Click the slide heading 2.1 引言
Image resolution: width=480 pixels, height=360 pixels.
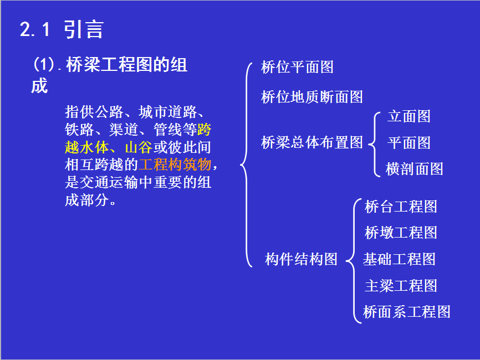(62, 30)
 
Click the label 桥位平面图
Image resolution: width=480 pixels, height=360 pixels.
(297, 67)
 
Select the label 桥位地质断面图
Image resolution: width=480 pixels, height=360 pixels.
(312, 97)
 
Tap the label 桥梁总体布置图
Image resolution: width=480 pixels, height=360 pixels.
(312, 142)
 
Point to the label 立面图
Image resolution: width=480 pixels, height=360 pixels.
(408, 116)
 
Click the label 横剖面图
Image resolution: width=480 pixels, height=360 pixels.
(414, 169)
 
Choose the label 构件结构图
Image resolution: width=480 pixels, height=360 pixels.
(301, 259)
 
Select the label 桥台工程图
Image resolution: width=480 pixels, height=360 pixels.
(401, 207)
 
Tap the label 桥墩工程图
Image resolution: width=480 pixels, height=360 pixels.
(401, 233)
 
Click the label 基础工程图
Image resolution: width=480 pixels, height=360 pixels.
(399, 259)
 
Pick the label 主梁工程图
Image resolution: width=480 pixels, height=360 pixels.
(401, 286)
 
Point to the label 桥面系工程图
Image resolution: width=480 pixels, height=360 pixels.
(406, 312)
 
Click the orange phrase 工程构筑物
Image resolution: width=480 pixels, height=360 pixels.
(175, 164)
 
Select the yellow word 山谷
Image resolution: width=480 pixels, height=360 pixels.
(139, 147)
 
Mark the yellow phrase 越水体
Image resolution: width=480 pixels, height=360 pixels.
(86, 147)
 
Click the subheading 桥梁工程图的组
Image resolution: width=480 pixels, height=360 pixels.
(127, 65)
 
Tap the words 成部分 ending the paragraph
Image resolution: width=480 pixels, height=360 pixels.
(86, 200)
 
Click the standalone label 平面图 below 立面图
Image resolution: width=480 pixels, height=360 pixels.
(408, 143)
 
